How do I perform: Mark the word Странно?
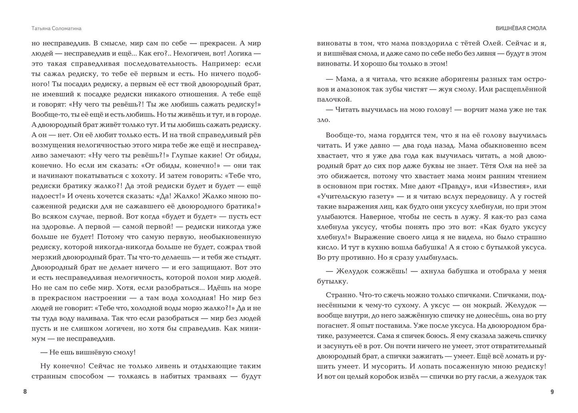tap(340, 295)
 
